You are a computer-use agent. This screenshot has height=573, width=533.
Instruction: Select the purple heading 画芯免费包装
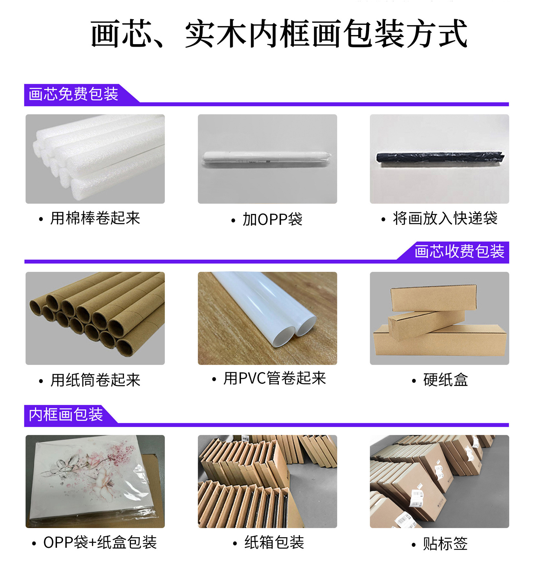pos(73,94)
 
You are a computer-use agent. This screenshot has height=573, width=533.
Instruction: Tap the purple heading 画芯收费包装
pos(459,251)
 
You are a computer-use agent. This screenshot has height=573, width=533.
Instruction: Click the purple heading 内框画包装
pos(66,414)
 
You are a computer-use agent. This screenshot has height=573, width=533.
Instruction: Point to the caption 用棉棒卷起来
pos(95,218)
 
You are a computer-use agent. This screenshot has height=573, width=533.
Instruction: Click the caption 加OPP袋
pos(272,220)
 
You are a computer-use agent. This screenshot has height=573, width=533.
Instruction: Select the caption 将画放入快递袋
pos(445,218)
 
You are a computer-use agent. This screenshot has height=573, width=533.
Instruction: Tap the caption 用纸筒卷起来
pos(95,380)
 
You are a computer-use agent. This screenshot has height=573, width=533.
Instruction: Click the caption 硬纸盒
pos(445,380)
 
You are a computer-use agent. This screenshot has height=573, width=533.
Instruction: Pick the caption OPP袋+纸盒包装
pos(100,542)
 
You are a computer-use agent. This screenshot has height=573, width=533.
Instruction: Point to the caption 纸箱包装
pos(274,542)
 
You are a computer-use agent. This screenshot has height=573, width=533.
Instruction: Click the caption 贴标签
pos(445,544)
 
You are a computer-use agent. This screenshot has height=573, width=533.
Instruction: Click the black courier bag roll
pos(439,158)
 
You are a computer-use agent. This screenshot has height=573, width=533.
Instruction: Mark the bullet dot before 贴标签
pos(414,545)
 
